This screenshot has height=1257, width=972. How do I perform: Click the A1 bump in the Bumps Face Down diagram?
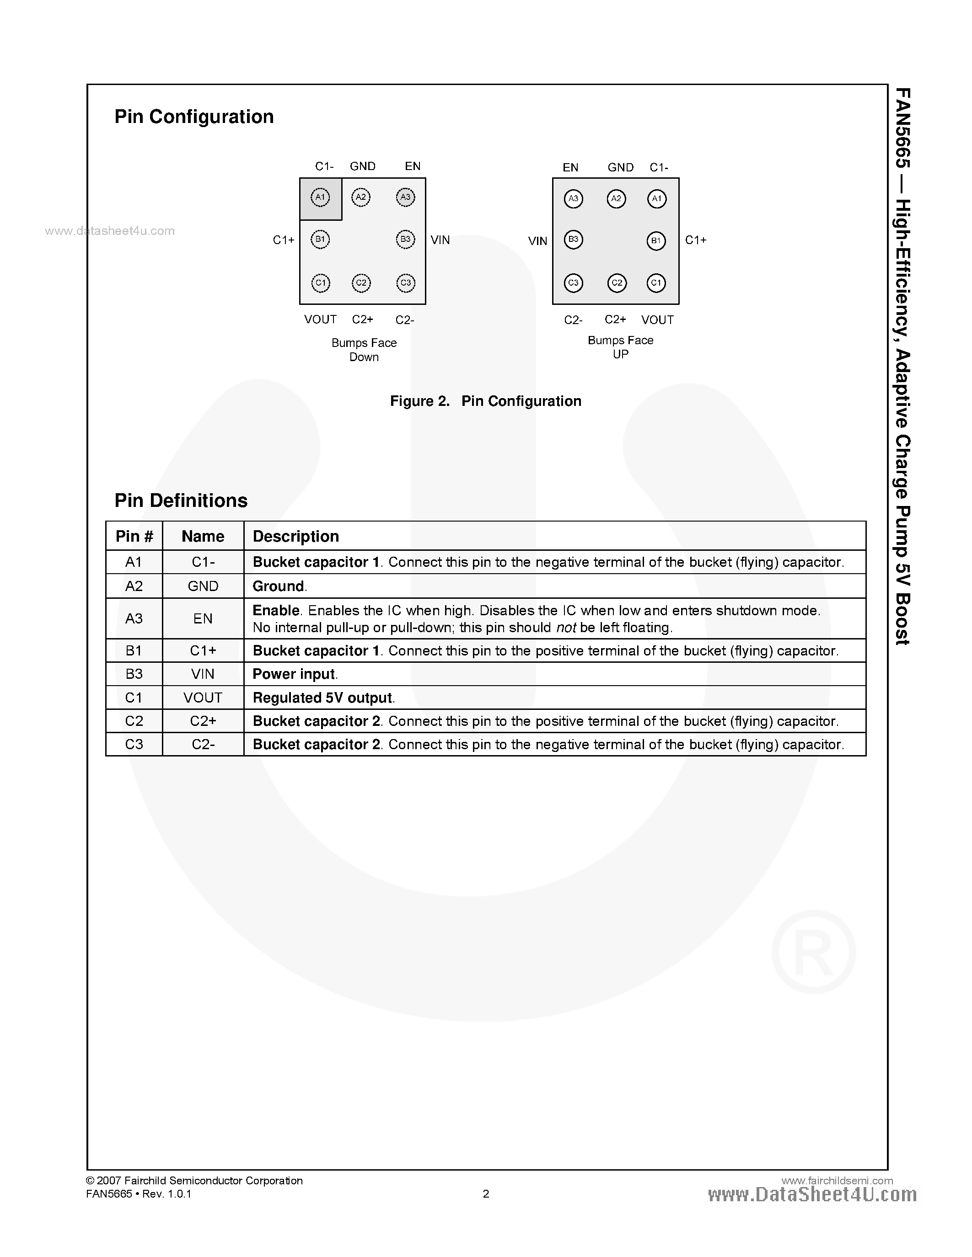point(321,197)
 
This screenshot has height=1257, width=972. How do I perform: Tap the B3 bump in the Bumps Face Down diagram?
point(405,240)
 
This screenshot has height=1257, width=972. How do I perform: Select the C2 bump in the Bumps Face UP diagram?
point(617,282)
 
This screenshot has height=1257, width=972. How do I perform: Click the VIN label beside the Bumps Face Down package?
point(440,240)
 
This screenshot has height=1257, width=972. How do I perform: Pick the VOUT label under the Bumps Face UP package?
point(657,320)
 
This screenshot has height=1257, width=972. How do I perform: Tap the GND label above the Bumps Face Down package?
point(363,166)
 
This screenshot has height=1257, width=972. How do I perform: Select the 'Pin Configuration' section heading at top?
point(194,117)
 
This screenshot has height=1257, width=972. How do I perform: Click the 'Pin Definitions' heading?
point(181,501)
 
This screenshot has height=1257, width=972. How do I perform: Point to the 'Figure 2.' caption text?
point(419,401)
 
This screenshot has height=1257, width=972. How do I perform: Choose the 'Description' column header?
point(296,537)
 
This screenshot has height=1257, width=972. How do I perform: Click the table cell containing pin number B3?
point(134,674)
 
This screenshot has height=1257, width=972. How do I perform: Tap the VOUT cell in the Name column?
point(203,698)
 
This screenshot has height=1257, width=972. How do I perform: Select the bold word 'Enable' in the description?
point(276,610)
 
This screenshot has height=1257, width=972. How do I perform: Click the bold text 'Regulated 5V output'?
point(322,698)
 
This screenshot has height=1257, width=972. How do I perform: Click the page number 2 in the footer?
point(486,1193)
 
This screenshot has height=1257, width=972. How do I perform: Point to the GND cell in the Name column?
point(203,586)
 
